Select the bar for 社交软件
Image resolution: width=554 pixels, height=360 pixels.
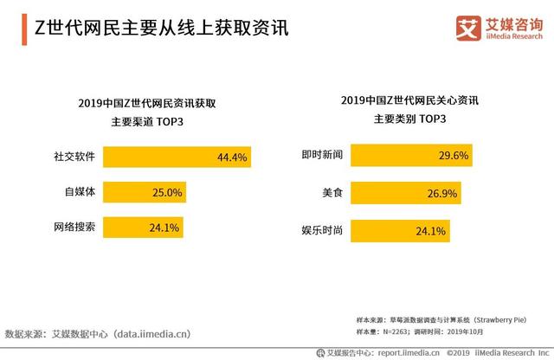pyautogui.click(x=177, y=157)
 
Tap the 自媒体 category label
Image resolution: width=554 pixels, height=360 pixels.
pyautogui.click(x=81, y=192)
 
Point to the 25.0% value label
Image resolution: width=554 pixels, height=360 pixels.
pyautogui.click(x=167, y=192)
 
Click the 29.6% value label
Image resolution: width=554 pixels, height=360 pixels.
pyautogui.click(x=431, y=156)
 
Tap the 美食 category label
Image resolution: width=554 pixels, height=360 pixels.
pyautogui.click(x=333, y=193)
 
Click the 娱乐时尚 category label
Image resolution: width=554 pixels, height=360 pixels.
pyautogui.click(x=322, y=231)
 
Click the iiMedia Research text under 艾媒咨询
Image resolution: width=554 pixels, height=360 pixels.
pyautogui.click(x=512, y=37)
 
